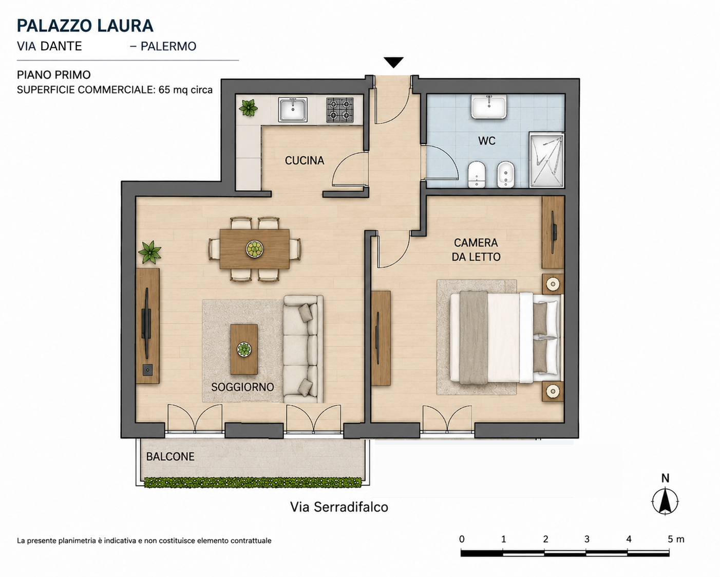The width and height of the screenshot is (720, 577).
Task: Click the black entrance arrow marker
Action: coord(393,62)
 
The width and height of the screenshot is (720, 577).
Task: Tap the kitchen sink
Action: coord(293,109)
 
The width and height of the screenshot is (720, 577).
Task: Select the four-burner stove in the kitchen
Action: coord(340,110)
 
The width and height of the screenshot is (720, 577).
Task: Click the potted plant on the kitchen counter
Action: coord(248,107)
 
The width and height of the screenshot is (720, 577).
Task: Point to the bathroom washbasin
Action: coord(489,106)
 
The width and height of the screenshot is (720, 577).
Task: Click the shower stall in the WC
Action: coord(547,159)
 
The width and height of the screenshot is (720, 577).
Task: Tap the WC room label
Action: coord(486,141)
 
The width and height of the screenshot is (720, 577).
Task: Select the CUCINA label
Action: coord(305,160)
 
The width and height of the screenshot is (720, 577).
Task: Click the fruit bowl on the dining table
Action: coord(255,249)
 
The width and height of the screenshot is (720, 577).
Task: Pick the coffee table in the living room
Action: coord(244,349)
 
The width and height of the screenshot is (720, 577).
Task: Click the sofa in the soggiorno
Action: coord(303,349)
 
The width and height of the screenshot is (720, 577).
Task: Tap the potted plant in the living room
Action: coord(150,252)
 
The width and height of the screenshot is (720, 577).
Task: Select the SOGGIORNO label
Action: coord(242,387)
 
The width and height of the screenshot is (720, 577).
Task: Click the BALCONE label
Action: coord(170,456)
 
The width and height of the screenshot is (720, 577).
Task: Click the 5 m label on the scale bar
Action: coord(676,539)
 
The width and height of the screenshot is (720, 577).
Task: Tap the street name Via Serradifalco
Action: coord(339,507)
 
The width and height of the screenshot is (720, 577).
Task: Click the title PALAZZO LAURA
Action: coord(85,26)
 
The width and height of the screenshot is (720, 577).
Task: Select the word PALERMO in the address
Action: coord(168,46)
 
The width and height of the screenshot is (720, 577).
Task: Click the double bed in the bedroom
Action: coord(506,337)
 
